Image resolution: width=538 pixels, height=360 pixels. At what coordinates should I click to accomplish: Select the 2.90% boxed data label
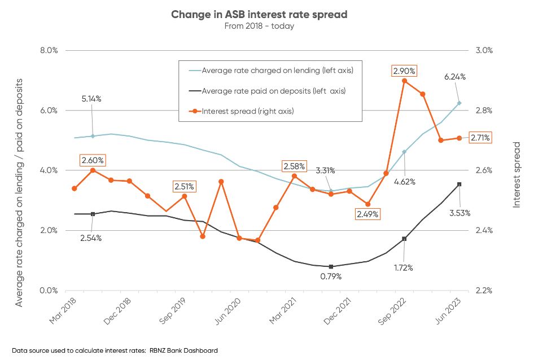404,71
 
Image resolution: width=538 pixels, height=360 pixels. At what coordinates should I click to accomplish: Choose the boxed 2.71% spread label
480,138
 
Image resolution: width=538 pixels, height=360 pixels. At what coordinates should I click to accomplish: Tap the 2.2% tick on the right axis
483,291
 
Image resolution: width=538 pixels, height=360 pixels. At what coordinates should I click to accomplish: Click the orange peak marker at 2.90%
404,81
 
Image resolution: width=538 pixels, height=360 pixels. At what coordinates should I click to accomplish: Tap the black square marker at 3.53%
460,184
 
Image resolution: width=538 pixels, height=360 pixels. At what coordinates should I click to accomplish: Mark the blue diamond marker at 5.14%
93,136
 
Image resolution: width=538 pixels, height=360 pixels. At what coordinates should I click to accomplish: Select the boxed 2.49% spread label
367,214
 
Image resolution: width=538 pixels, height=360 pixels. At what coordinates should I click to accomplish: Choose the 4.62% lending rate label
404,181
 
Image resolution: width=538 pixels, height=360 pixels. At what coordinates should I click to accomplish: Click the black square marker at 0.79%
331,266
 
